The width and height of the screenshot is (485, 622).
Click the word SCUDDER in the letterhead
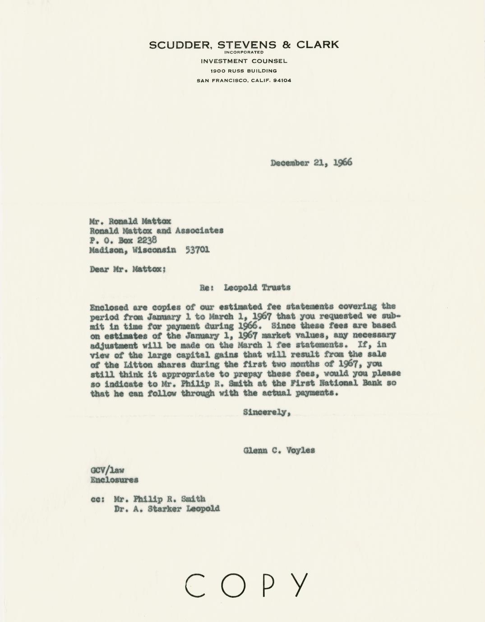click(181, 45)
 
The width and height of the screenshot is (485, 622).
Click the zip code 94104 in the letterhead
click(282, 81)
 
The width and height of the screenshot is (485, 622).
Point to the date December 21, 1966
click(311, 163)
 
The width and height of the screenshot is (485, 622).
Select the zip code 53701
click(198, 250)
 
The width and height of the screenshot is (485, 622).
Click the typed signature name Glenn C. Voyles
click(279, 450)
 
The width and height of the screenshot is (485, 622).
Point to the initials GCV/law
click(107, 470)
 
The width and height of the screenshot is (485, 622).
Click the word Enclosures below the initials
click(114, 480)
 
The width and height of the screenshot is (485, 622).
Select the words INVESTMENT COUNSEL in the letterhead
click(244, 61)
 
